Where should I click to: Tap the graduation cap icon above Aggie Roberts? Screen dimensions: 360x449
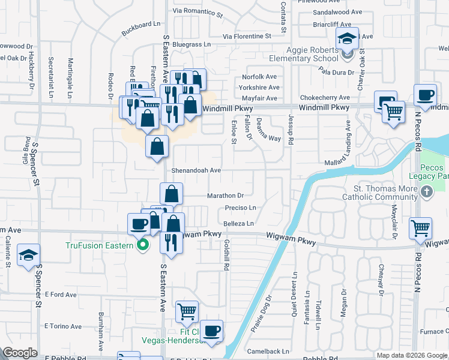(x=346, y=40)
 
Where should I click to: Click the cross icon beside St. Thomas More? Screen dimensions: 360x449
(x=426, y=192)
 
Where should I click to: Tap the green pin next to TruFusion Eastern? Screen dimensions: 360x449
(x=143, y=245)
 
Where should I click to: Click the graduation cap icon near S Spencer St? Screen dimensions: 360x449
(x=28, y=256)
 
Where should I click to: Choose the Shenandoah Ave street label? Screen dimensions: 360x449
(x=197, y=170)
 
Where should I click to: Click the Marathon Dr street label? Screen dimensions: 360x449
(x=225, y=196)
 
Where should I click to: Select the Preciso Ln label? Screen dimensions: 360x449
(x=241, y=208)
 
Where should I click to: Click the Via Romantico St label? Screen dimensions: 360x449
(x=197, y=11)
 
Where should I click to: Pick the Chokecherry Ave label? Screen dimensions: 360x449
(x=327, y=98)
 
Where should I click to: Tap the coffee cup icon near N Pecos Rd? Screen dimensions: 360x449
(x=425, y=95)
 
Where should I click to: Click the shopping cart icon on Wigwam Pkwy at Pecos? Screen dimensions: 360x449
(x=420, y=229)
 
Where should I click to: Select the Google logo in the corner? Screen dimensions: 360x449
(x=20, y=353)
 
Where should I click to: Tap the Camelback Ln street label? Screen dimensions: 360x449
(x=268, y=352)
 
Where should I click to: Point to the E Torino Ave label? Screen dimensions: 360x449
(x=63, y=326)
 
